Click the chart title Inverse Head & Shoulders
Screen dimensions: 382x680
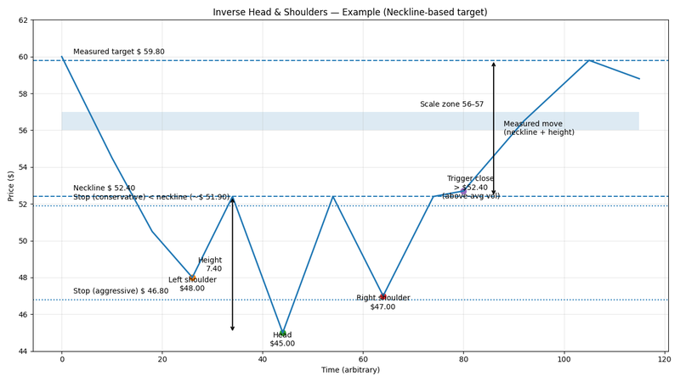tap(350, 12)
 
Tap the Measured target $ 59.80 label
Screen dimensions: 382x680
tap(131, 52)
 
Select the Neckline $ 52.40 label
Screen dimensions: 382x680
tap(116, 188)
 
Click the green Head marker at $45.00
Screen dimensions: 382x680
tap(282, 333)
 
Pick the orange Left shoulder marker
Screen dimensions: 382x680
tap(192, 278)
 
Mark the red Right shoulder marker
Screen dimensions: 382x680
tap(382, 296)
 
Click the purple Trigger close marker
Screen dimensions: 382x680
tap(463, 193)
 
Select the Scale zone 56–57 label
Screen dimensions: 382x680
tap(451, 104)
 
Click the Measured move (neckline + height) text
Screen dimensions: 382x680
tap(533, 128)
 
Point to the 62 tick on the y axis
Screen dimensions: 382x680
tap(23, 20)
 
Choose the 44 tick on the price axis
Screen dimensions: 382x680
tap(23, 351)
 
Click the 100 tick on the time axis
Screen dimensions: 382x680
tap(564, 360)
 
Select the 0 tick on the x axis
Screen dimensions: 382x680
tap(62, 360)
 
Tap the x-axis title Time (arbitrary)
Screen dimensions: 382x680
tap(350, 371)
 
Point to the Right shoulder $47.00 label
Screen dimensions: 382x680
tap(382, 302)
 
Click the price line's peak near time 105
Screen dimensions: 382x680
tap(588, 60)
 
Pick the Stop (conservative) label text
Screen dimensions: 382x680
tap(151, 198)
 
